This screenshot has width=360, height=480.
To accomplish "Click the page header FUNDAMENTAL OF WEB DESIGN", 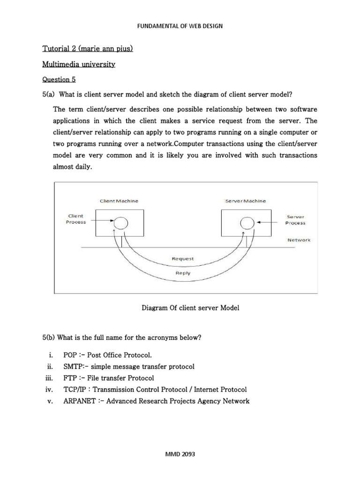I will pyautogui.click(x=180, y=26).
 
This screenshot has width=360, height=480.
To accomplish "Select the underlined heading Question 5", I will pyautogui.click(x=59, y=79).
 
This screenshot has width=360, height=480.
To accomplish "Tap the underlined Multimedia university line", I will pyautogui.click(x=79, y=64).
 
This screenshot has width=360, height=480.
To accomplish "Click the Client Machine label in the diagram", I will pyautogui.click(x=119, y=201).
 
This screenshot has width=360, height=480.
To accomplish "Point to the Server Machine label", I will pyautogui.click(x=245, y=201).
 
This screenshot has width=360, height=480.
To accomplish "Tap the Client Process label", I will pyautogui.click(x=75, y=219).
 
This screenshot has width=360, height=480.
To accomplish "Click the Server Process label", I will pyautogui.click(x=295, y=220).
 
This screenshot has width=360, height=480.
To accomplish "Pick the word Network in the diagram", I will pyautogui.click(x=299, y=240).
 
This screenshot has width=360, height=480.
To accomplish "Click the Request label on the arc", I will pyautogui.click(x=183, y=258).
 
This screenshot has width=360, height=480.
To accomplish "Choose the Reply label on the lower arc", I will pyautogui.click(x=183, y=273).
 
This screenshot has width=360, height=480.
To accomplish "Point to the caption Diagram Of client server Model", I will pyautogui.click(x=190, y=308).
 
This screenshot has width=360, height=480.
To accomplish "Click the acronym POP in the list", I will pyautogui.click(x=70, y=355).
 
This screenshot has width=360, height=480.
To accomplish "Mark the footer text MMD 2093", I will pyautogui.click(x=180, y=454).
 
